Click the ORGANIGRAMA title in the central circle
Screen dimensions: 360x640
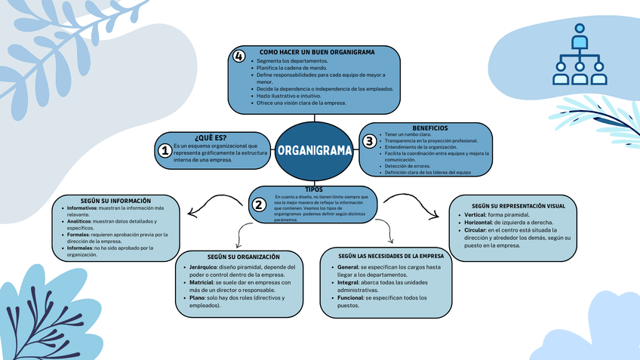click(314, 149)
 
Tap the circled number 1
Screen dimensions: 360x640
click(165, 151)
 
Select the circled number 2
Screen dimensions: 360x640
click(259, 205)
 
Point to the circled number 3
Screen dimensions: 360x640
click(369, 141)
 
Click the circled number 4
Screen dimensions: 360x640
click(239, 57)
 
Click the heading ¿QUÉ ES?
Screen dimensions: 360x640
click(210, 138)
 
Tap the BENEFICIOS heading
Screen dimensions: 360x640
click(429, 128)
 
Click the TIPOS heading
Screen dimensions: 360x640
click(314, 189)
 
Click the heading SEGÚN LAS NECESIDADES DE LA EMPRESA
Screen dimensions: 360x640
click(386, 257)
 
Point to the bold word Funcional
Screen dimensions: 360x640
click(353, 298)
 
